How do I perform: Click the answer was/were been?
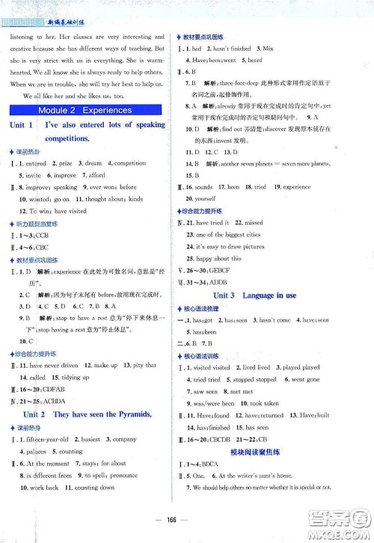(x=218, y=403)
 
